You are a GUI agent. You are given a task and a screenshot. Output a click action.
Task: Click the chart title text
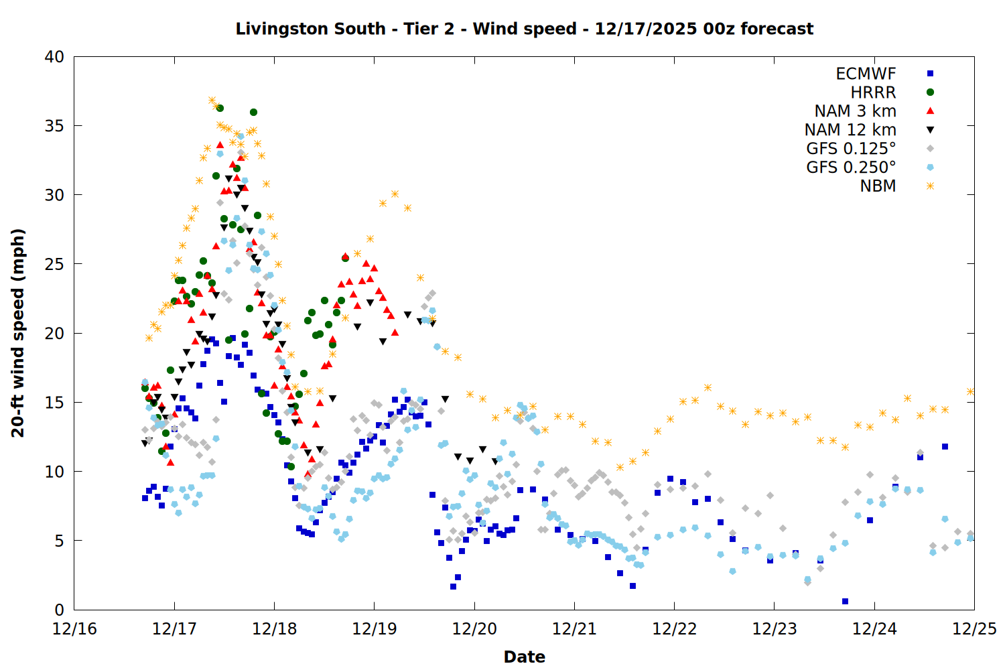[524, 29]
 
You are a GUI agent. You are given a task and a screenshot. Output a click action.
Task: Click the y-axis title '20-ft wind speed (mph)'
[18, 333]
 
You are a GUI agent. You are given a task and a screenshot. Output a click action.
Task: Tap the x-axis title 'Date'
[524, 657]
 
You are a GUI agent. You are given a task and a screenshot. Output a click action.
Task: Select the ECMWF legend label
[866, 74]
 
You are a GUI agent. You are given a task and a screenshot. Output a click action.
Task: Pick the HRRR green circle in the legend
[930, 92]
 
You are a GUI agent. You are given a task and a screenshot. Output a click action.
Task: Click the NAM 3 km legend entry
[855, 111]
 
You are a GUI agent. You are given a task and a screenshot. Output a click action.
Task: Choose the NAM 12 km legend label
[850, 130]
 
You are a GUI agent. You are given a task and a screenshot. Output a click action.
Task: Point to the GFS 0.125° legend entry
[851, 149]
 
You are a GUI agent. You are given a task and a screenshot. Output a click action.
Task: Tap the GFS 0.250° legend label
[851, 167]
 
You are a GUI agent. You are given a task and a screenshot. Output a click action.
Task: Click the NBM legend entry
[878, 186]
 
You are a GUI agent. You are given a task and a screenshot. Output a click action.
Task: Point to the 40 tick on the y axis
[54, 57]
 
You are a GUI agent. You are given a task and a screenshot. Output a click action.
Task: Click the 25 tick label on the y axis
[54, 264]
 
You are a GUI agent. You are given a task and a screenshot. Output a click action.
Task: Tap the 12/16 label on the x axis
[74, 629]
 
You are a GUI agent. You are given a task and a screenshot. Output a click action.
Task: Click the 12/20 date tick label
[474, 629]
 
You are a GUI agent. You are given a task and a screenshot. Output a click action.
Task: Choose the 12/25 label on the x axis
[974, 629]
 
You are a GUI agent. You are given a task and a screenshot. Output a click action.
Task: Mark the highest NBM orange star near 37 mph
[212, 100]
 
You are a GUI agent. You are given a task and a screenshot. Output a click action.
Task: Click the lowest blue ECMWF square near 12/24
[845, 601]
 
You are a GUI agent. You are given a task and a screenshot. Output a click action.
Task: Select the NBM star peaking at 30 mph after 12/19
[395, 194]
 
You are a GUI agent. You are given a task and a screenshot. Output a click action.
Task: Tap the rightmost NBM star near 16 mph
[970, 391]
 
